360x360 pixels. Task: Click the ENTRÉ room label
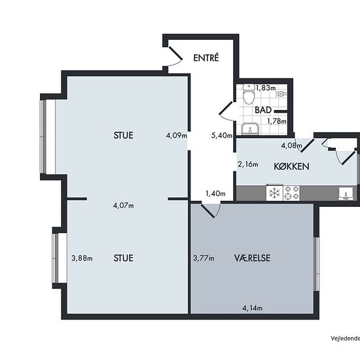(x=206, y=58)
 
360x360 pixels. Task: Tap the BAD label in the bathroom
(x=263, y=110)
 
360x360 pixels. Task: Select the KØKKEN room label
(x=291, y=166)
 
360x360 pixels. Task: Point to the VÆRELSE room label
(x=252, y=258)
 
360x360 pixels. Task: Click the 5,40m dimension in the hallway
(x=221, y=135)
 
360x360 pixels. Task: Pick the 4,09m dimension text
(x=177, y=135)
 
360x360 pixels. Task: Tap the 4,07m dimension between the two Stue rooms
(x=123, y=206)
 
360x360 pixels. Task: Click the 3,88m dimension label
(x=82, y=259)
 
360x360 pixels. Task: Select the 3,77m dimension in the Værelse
(x=204, y=259)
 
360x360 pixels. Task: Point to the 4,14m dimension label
(x=252, y=308)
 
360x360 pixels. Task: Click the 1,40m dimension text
(x=215, y=194)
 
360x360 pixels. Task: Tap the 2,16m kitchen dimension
(x=247, y=164)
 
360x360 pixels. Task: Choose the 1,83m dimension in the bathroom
(x=266, y=88)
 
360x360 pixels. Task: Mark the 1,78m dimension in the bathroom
(x=277, y=121)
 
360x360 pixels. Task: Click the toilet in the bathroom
(x=249, y=94)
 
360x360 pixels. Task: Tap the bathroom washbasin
(x=250, y=128)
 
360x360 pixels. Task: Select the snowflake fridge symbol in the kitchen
(x=274, y=192)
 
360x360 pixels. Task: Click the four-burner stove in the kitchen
(x=291, y=193)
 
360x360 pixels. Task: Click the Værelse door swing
(x=211, y=210)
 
